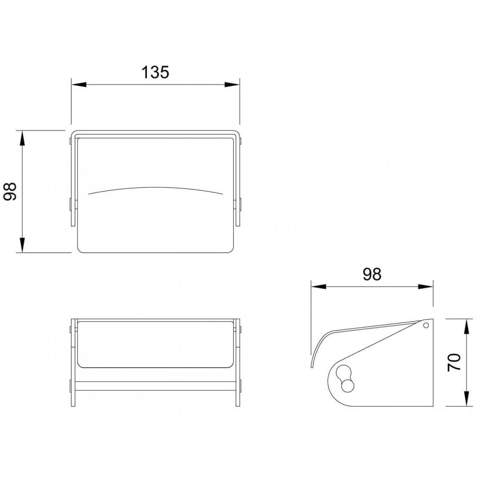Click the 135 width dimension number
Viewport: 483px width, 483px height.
[x=155, y=72]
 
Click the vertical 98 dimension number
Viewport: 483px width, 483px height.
[x=10, y=191]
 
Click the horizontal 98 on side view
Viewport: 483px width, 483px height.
[x=372, y=274]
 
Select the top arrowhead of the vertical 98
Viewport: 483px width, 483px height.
[x=22, y=137]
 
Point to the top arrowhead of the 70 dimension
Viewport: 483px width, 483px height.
[x=467, y=325]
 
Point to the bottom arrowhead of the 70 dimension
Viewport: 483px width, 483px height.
[x=467, y=399]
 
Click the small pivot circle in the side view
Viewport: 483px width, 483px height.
[x=426, y=326]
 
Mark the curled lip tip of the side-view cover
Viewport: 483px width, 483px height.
[x=313, y=366]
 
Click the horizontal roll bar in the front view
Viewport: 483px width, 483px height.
[x=156, y=386]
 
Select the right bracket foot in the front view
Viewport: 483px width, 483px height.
[x=238, y=399]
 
